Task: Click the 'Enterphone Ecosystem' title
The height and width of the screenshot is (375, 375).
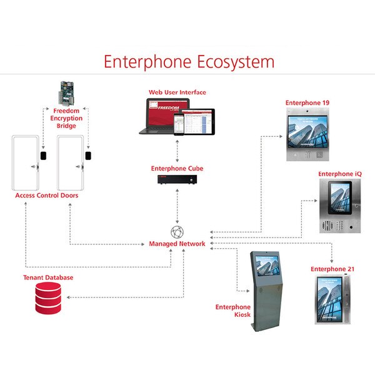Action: (189, 62)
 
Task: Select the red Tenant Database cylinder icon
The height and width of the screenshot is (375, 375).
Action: (48, 297)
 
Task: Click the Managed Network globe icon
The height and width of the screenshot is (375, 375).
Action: (177, 231)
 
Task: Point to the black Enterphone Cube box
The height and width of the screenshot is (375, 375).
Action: (177, 179)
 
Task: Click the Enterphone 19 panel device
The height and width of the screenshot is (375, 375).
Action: (307, 134)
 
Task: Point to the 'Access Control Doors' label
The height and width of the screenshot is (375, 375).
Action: (47, 196)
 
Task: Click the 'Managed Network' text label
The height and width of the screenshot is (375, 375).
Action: (177, 244)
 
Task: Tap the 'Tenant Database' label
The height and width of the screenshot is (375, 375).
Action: (48, 277)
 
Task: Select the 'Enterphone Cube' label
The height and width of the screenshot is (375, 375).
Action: (177, 169)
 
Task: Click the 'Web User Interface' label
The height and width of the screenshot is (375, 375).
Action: (177, 92)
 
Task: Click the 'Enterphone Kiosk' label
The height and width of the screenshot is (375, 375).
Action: (233, 311)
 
